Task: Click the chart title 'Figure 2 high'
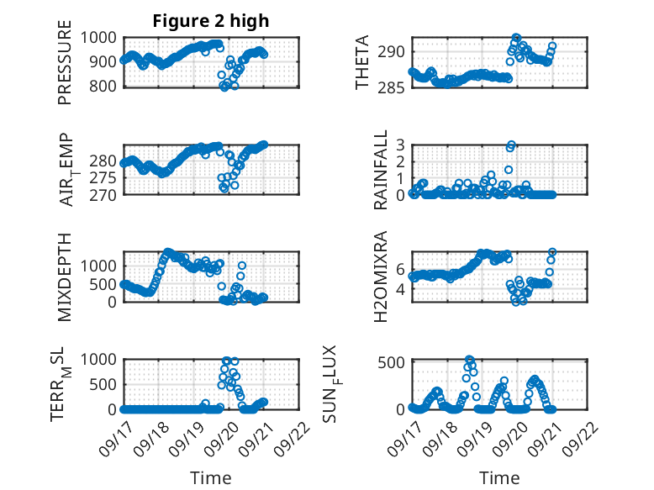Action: point(211,22)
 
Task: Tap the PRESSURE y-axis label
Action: point(65,68)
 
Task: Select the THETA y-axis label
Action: point(362,62)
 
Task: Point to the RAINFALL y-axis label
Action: point(381,170)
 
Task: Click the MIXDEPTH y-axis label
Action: point(65,277)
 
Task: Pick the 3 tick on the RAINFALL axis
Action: point(401,145)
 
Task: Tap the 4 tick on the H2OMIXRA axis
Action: point(401,290)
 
